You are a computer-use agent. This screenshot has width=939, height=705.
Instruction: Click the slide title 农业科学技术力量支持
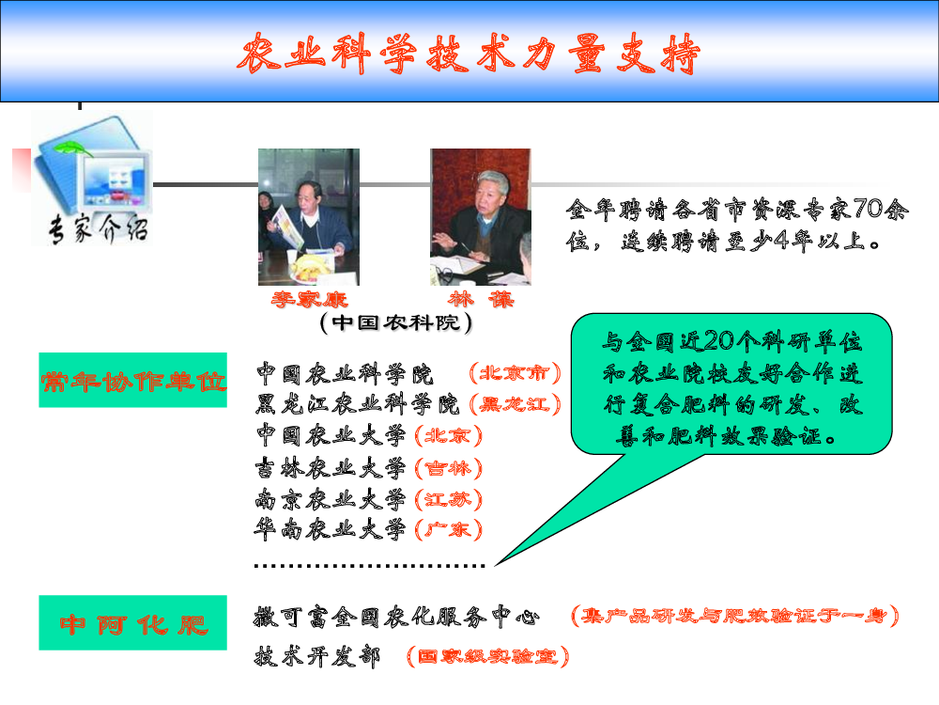click(469, 54)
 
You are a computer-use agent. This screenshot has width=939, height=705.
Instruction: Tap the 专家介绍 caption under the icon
click(99, 229)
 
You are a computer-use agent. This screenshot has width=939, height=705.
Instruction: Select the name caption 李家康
click(309, 299)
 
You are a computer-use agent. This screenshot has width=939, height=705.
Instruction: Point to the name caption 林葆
click(481, 299)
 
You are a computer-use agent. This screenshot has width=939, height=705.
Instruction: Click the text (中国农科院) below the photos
click(396, 322)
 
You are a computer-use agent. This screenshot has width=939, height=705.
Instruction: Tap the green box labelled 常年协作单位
click(133, 380)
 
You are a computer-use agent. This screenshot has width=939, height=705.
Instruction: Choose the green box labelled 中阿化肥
click(133, 623)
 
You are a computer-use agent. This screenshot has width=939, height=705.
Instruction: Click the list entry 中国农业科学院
click(345, 374)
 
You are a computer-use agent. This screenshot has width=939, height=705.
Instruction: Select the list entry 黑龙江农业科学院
click(357, 404)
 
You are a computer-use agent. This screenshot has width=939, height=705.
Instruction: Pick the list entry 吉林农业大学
click(331, 467)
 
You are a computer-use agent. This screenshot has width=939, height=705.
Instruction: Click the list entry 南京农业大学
click(331, 499)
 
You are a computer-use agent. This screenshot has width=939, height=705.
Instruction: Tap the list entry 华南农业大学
click(331, 529)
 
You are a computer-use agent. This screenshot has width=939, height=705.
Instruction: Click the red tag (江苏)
click(448, 499)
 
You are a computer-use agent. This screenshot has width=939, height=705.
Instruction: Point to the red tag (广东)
click(448, 530)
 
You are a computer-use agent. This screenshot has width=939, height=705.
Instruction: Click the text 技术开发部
click(317, 656)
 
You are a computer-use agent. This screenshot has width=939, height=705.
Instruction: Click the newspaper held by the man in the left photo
click(286, 227)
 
